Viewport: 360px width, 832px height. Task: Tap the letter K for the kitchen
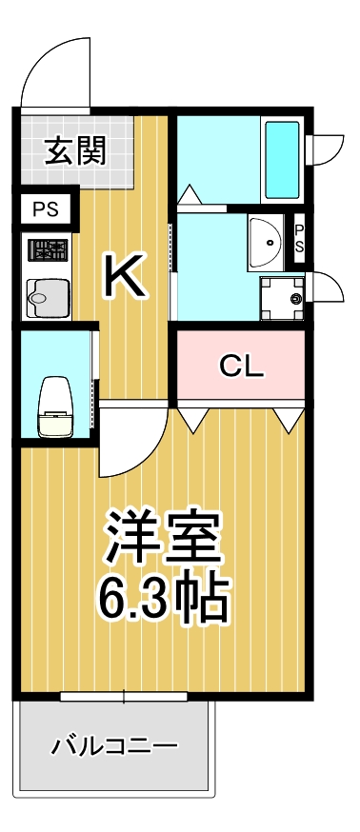125,277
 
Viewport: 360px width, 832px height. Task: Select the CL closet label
241,366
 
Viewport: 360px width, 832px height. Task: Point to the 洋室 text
164,540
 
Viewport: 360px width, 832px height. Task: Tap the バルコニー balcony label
115,744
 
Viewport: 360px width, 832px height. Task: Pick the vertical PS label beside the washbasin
298,238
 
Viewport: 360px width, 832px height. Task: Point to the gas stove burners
48,251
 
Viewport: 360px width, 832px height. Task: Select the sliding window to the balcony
123,697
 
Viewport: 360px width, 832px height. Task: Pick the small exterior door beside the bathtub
327,149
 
